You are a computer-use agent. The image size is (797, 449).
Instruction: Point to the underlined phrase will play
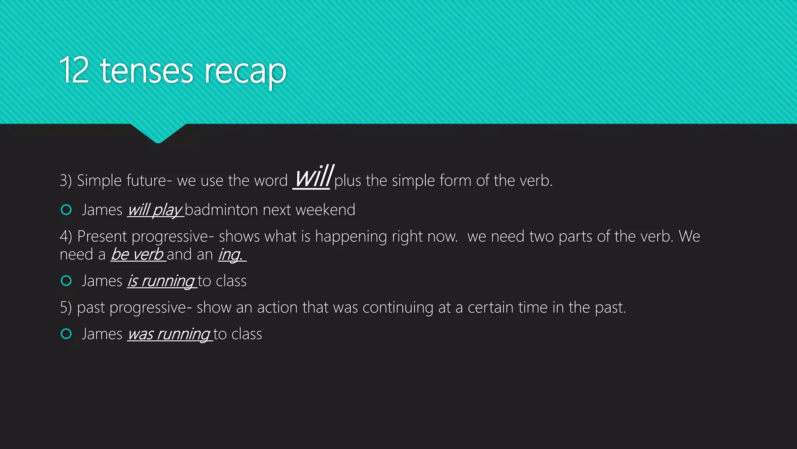pos(155,210)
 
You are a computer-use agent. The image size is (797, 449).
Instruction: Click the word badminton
pos(221,210)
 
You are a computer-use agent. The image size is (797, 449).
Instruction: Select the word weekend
pos(325,210)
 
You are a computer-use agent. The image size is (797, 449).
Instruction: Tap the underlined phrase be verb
pos(137,255)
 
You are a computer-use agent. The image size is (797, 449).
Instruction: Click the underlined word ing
pos(230,255)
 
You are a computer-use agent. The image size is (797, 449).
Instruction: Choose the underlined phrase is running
pos(161,281)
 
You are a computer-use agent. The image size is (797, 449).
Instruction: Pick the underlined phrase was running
pos(169,334)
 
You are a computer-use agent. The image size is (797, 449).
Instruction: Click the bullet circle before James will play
pos(67,210)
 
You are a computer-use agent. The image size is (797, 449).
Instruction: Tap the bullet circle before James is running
pos(67,281)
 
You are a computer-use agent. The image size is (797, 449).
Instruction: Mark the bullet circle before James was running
pos(67,334)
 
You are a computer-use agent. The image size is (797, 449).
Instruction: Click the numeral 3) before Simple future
pos(65,180)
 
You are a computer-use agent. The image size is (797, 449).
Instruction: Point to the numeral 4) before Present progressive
pos(65,236)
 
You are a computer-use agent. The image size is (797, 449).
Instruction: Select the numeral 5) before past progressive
pos(65,308)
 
